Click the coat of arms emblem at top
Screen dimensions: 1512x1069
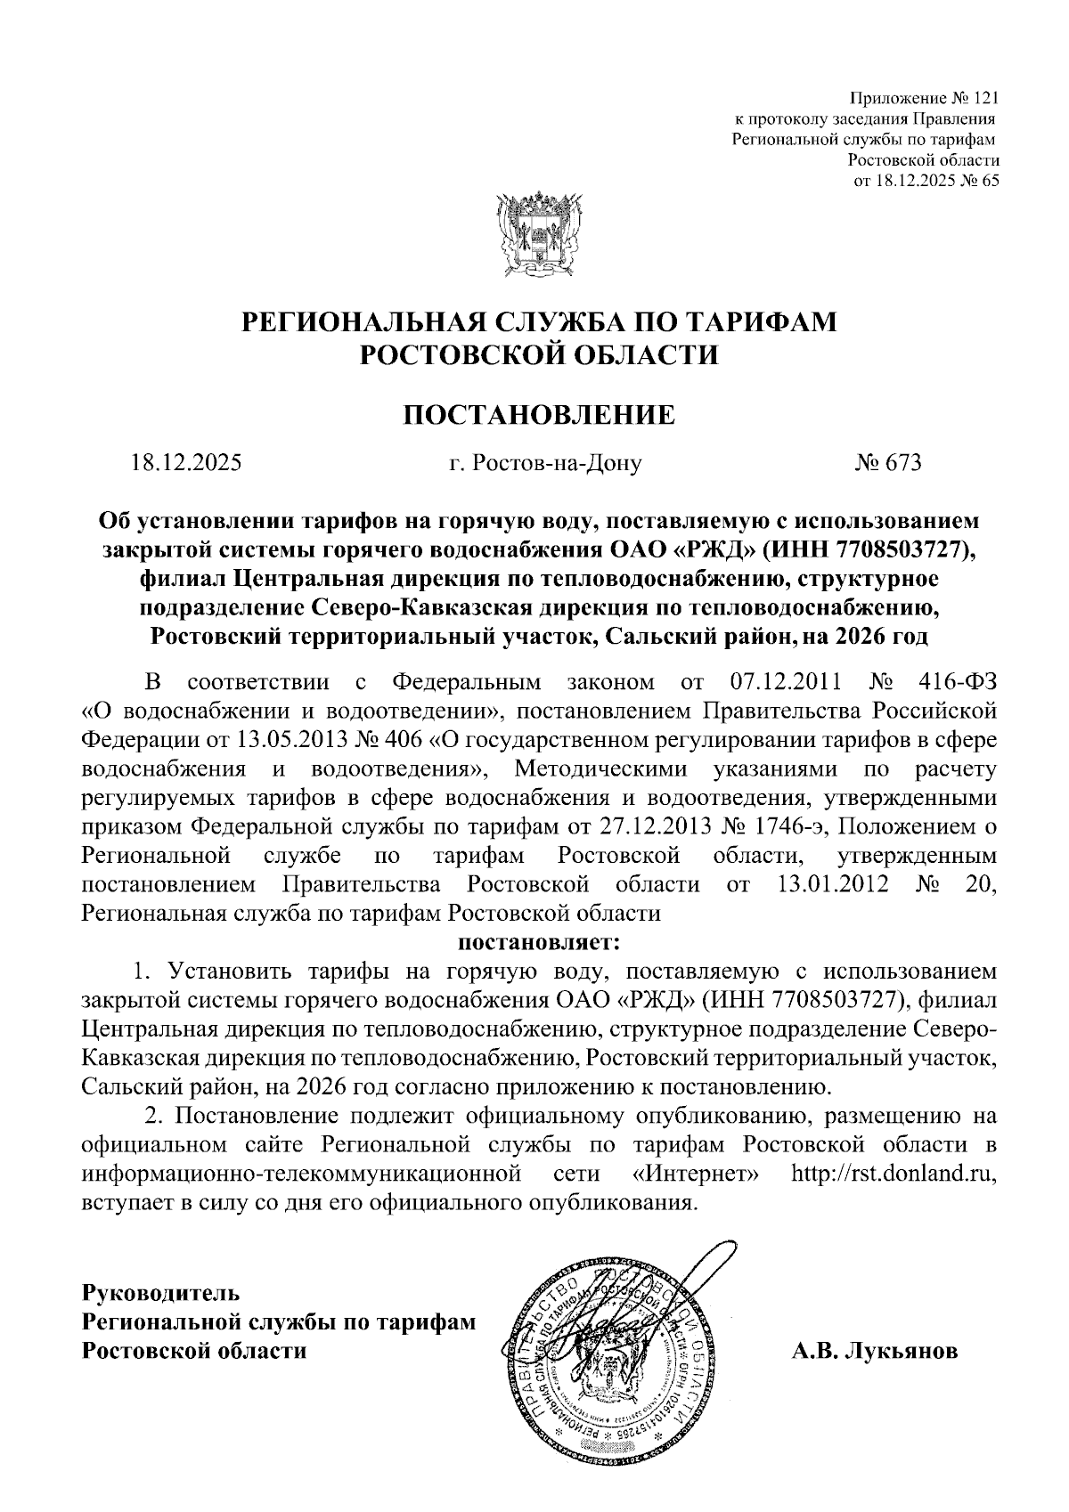coord(534,234)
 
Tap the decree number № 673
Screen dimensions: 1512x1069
coord(888,463)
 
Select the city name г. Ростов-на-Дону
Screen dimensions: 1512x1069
coord(544,463)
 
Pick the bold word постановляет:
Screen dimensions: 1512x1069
coord(538,940)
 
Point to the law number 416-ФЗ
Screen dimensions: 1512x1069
coord(957,683)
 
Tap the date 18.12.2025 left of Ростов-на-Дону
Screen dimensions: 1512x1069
coord(186,463)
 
